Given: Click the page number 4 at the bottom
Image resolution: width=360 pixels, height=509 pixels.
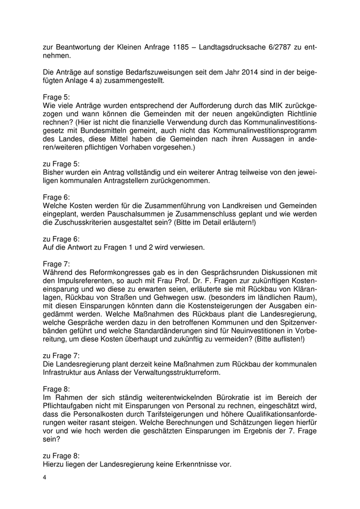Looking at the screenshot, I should tap(45, 478).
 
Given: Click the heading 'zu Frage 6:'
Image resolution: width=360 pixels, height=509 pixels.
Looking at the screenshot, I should tap(61, 239).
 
